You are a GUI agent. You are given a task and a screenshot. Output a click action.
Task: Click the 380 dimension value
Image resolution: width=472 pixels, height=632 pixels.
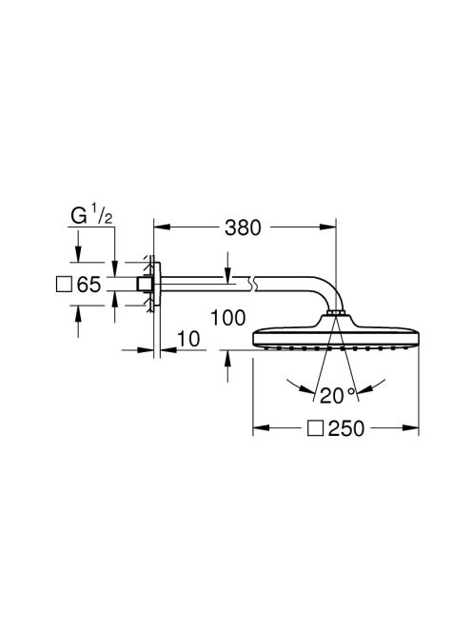246,228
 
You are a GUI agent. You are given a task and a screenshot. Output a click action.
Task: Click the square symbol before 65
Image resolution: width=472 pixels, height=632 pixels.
65,284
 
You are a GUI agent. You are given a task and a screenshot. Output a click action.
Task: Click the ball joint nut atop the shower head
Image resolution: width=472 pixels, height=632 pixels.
335,314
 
